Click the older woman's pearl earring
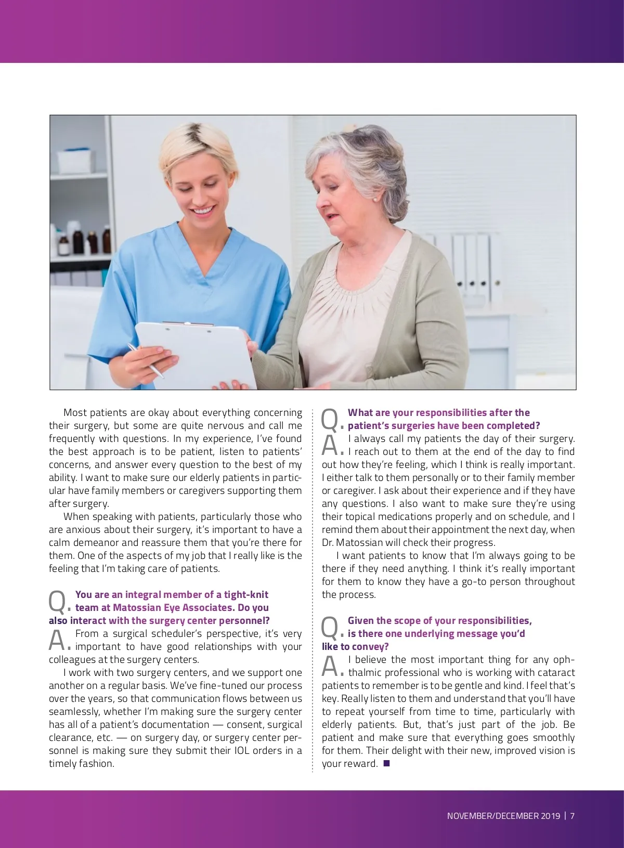(374, 198)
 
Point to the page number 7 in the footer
(573, 816)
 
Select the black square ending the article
(386, 763)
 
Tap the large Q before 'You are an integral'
(57, 602)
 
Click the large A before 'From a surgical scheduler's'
(57, 641)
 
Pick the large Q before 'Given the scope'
(330, 628)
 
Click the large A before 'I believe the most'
(330, 667)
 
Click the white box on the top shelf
(76, 162)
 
